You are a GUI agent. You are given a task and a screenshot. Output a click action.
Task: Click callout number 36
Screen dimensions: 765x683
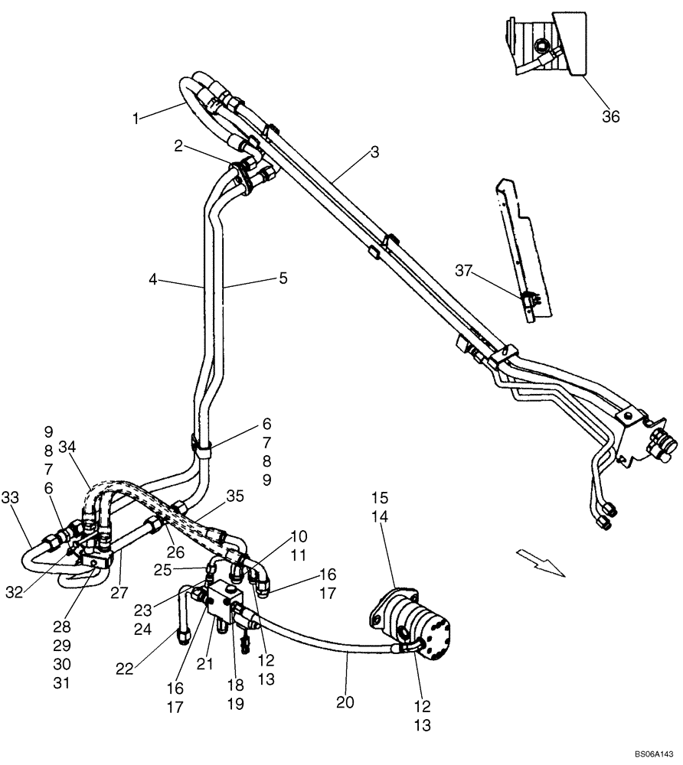610,117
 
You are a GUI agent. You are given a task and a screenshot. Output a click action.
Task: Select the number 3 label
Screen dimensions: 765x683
374,152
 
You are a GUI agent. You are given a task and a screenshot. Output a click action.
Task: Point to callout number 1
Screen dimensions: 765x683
136,119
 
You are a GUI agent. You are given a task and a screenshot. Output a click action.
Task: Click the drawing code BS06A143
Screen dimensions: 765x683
655,754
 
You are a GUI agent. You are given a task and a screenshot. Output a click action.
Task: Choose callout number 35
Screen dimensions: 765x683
235,496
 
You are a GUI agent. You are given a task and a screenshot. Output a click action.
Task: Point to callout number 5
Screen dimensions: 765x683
283,279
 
